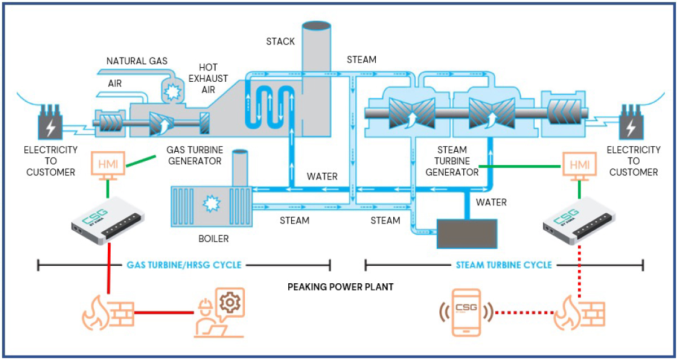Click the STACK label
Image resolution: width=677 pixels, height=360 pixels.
tap(280, 41)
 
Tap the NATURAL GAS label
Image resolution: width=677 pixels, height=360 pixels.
tap(137, 61)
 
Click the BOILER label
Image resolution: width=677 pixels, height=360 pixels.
tap(214, 239)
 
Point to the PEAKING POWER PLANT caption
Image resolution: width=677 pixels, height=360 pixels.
tap(340, 287)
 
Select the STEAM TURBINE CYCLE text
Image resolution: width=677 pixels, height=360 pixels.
tap(504, 265)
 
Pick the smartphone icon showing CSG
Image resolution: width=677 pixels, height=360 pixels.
tap(467, 311)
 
